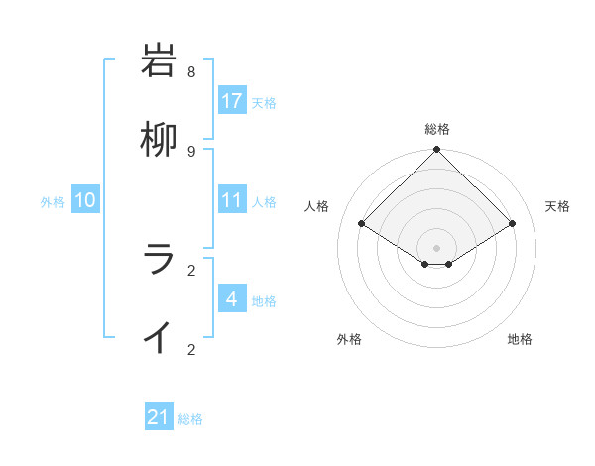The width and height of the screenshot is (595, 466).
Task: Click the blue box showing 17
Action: (x=232, y=101)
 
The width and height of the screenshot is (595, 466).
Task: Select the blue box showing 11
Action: (x=232, y=200)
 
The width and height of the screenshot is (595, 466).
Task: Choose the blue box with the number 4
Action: (x=232, y=299)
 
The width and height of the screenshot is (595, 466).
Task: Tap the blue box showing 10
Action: (x=85, y=200)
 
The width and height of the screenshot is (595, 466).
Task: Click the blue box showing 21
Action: (x=159, y=417)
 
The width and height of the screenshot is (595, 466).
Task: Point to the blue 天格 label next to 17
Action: (x=264, y=102)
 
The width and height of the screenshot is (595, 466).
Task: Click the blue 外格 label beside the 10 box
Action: (x=53, y=201)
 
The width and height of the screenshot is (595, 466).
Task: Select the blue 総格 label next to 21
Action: (x=190, y=419)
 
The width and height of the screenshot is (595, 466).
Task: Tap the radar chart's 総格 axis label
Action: (x=437, y=129)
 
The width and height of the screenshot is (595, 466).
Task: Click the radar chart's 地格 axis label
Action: (x=520, y=339)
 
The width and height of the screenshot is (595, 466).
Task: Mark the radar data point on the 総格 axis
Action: (x=437, y=150)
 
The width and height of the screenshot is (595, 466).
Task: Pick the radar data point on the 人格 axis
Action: (x=362, y=224)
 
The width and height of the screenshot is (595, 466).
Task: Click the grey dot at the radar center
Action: (x=437, y=247)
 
